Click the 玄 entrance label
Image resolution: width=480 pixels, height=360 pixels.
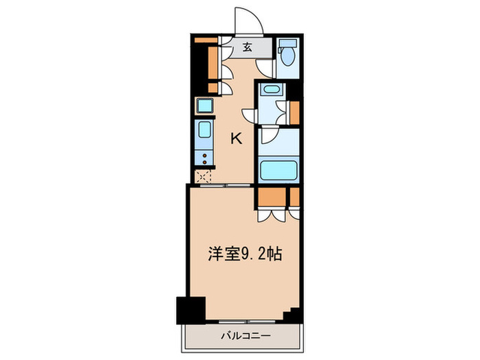248,48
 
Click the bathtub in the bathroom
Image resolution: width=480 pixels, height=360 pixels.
278,169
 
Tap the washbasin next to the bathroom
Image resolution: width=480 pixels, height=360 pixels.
271,90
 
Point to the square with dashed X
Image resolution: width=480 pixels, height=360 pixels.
204,176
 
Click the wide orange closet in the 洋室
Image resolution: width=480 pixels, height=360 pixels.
272,196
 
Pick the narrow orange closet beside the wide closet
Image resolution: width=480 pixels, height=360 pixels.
295,196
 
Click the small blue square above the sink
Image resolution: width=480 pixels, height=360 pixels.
205,106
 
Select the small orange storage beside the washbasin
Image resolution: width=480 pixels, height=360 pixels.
295,112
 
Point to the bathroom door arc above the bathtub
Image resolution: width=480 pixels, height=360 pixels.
268,136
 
